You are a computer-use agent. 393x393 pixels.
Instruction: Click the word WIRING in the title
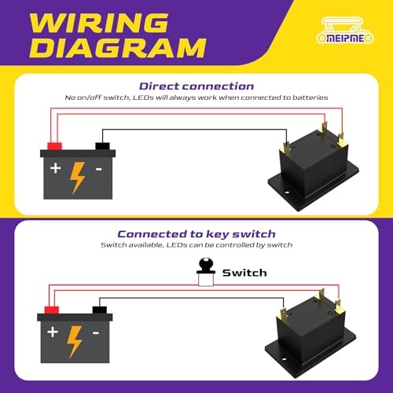click(99, 23)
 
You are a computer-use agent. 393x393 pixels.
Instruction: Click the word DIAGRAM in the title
click(118, 48)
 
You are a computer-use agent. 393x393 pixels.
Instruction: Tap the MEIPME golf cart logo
click(345, 31)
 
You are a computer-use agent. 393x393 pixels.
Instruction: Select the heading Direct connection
click(196, 86)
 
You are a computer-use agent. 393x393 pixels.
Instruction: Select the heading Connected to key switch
click(196, 233)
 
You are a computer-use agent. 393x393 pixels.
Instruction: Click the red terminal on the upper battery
click(54, 146)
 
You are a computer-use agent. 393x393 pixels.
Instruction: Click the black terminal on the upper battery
click(102, 146)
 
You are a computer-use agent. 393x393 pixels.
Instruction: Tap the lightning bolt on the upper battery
click(78, 178)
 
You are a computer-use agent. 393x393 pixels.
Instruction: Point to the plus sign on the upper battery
click(56, 168)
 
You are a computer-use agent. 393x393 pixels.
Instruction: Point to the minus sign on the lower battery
click(96, 333)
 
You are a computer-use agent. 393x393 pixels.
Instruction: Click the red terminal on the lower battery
click(52, 310)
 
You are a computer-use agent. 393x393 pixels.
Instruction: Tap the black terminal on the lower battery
click(100, 310)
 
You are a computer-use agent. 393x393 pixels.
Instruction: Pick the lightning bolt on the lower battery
click(75, 342)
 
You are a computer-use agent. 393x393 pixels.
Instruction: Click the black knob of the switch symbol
click(206, 265)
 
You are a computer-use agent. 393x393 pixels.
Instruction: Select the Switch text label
click(244, 273)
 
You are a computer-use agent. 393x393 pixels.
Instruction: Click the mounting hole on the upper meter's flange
click(287, 193)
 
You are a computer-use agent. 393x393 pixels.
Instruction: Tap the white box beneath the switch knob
click(206, 280)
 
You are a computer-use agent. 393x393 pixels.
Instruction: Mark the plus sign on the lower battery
click(53, 332)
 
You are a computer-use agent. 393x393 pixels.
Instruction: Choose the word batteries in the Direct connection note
click(310, 97)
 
